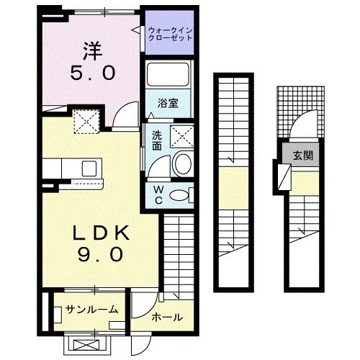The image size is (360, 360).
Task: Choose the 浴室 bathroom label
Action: pos(168,102)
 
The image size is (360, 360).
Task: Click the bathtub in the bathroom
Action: pos(168,76)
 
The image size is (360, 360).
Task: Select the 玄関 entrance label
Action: pos(302,155)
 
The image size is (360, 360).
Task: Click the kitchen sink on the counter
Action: pos(90,169)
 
